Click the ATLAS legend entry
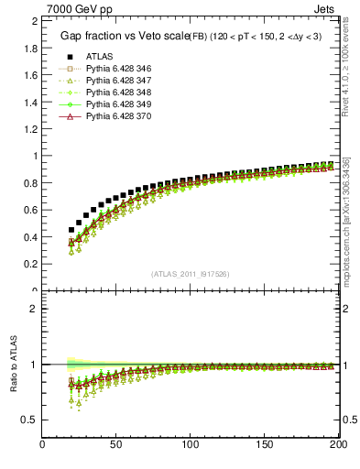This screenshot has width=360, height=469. click(100, 56)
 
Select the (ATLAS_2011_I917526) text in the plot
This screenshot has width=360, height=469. click(190, 274)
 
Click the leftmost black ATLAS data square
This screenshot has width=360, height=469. click(71, 230)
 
